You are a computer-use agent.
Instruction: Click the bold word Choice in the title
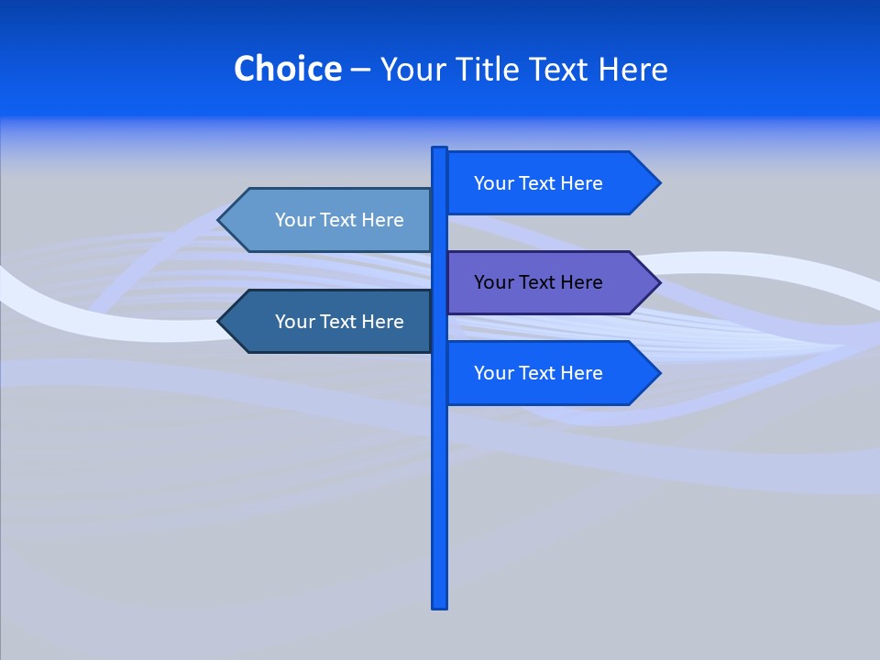pyautogui.click(x=287, y=69)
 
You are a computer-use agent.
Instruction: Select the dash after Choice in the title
pyautogui.click(x=360, y=70)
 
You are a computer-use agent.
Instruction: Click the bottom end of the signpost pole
pyautogui.click(x=440, y=605)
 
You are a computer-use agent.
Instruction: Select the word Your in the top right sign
pyautogui.click(x=493, y=183)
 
